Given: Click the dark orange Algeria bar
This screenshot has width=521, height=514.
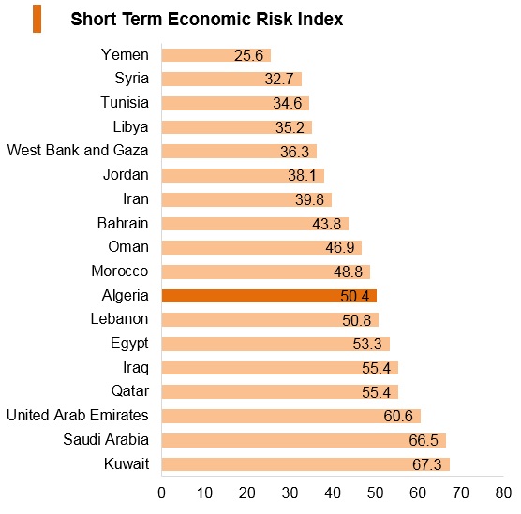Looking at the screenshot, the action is pyautogui.click(x=269, y=296).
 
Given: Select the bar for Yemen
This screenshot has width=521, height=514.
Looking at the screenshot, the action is pyautogui.click(x=216, y=55).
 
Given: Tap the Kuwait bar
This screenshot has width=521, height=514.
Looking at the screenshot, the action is pyautogui.click(x=305, y=464).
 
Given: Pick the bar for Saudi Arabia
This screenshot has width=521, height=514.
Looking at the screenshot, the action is pyautogui.click(x=304, y=440).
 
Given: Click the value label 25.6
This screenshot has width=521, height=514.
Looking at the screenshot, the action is pyautogui.click(x=248, y=55).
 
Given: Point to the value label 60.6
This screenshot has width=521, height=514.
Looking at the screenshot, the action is pyautogui.click(x=398, y=416).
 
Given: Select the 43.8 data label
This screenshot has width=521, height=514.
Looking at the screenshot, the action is pyautogui.click(x=327, y=224).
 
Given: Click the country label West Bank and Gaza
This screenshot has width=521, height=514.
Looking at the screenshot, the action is pyautogui.click(x=78, y=150).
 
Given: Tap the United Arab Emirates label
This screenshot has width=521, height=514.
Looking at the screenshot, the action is pyautogui.click(x=78, y=415).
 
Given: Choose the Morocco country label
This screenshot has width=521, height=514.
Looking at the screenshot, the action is pyautogui.click(x=120, y=271).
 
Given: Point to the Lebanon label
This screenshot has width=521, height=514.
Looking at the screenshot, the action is pyautogui.click(x=119, y=318).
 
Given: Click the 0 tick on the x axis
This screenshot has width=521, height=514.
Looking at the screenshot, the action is pyautogui.click(x=161, y=492).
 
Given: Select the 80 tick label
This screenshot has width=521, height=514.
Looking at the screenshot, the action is pyautogui.click(x=503, y=492).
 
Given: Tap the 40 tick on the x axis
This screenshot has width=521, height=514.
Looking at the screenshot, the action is pyautogui.click(x=333, y=492).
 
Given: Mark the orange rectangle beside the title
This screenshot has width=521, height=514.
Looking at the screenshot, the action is pyautogui.click(x=37, y=19).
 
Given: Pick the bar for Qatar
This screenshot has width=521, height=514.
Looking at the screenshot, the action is pyautogui.click(x=280, y=392).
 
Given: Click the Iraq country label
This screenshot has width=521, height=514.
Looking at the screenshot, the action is pyautogui.click(x=136, y=368).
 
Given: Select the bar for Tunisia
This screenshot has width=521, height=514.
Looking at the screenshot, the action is pyautogui.click(x=235, y=103).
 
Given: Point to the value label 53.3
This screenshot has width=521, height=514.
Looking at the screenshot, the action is pyautogui.click(x=367, y=344).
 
